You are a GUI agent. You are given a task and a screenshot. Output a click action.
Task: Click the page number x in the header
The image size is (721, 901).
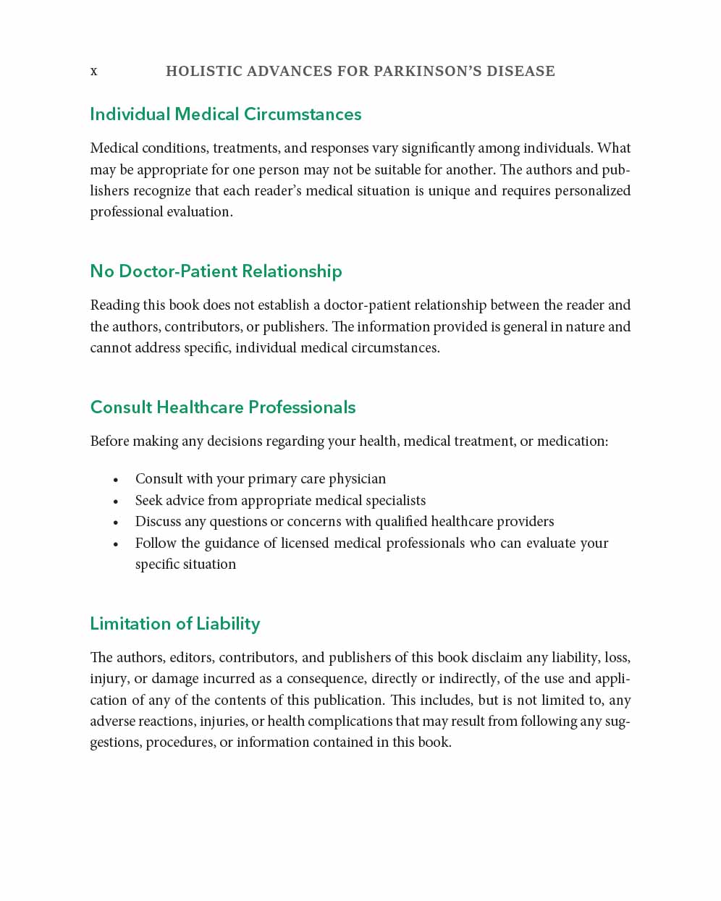tap(93, 71)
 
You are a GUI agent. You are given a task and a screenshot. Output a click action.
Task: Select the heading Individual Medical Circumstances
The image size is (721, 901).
tap(225, 114)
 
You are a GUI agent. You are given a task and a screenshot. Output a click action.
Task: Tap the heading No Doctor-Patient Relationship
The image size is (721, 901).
tap(216, 271)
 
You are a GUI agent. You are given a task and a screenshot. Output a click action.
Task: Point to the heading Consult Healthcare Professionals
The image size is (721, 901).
tap(223, 407)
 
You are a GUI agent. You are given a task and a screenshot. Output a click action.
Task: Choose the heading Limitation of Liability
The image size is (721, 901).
tap(174, 624)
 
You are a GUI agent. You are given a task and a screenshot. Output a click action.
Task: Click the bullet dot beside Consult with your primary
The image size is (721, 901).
tap(116, 480)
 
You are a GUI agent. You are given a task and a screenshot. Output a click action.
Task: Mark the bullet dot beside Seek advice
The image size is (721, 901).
tap(116, 501)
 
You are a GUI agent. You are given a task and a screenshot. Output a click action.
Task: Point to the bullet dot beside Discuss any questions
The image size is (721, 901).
tap(116, 523)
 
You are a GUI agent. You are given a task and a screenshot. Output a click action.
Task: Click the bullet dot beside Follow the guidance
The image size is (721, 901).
tap(116, 543)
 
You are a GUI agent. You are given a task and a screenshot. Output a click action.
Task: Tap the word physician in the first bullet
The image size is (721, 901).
tap(357, 479)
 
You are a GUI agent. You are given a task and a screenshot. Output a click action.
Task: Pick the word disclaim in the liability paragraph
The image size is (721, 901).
tap(497, 657)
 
